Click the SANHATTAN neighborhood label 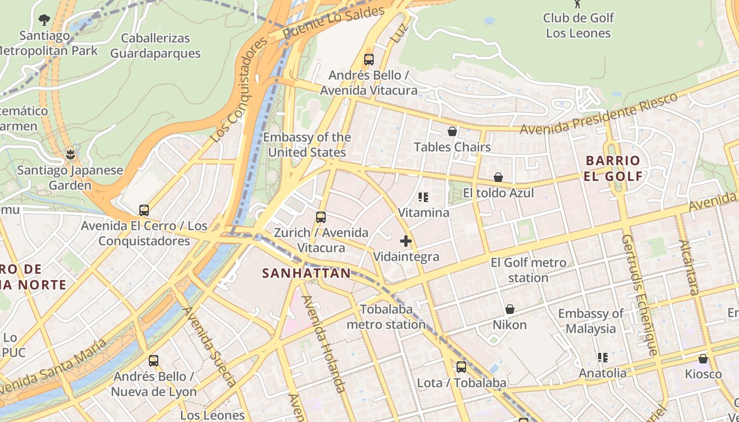306,273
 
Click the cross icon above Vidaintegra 405,241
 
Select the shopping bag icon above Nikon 510,309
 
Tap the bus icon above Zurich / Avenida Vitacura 320,217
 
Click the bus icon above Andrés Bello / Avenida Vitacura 369,60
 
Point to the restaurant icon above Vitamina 423,197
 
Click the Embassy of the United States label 307,145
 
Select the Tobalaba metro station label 386,317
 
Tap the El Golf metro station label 528,270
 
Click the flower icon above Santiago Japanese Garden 70,155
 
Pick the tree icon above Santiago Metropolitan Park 44,20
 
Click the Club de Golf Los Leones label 578,25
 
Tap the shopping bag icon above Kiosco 703,359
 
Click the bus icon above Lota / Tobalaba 461,367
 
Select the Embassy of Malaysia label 591,321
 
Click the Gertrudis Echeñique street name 639,295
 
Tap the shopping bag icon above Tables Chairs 452,131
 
